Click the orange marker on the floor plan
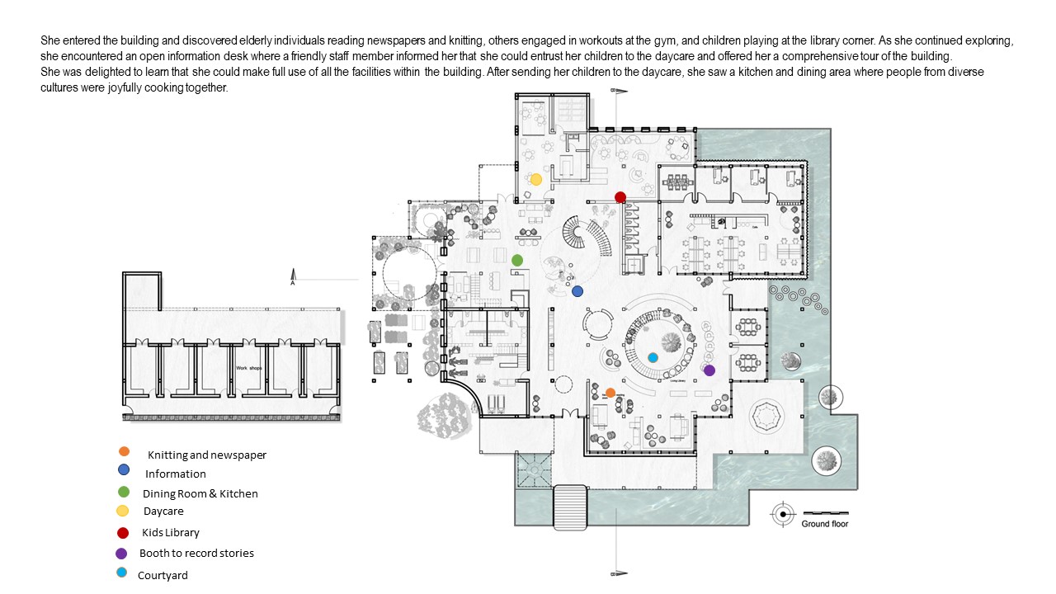[610, 393]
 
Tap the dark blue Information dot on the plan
[577, 291]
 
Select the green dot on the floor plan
[517, 260]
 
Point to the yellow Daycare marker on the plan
[535, 179]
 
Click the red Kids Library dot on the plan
[620, 196]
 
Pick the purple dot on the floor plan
[709, 370]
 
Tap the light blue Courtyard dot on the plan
[653, 357]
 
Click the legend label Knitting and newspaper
[207, 455]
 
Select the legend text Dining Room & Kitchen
[200, 493]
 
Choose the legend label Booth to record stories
[196, 553]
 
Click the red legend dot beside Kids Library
[123, 532]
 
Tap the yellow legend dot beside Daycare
[123, 511]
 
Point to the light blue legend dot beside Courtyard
[123, 573]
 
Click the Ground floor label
[824, 524]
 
